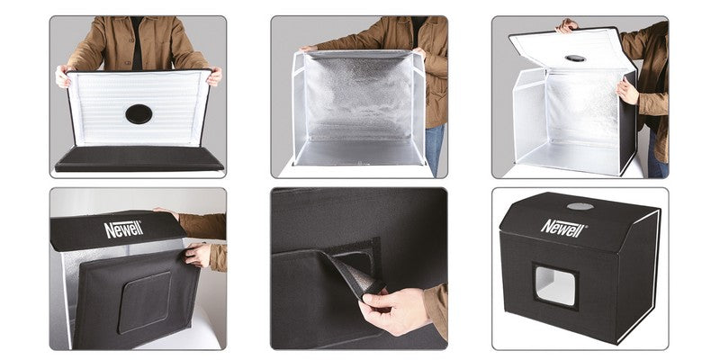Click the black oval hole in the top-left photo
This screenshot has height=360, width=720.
[x=139, y=113]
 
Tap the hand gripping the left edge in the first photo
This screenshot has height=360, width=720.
[x=62, y=76]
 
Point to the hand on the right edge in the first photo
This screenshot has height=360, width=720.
[x=213, y=76]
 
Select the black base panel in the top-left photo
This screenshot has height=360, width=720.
[x=139, y=159]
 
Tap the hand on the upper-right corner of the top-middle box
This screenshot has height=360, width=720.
[x=419, y=53]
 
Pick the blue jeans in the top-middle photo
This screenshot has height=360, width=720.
[x=435, y=148]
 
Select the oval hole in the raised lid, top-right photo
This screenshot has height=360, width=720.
[x=575, y=58]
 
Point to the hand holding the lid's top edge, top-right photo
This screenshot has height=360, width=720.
[x=566, y=26]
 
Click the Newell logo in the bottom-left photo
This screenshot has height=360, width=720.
[x=123, y=229]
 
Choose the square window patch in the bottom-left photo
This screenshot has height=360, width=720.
[x=143, y=301]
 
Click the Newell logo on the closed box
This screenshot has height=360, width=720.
[x=563, y=226]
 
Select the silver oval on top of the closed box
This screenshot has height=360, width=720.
[x=580, y=206]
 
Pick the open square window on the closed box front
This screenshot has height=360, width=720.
[x=555, y=287]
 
